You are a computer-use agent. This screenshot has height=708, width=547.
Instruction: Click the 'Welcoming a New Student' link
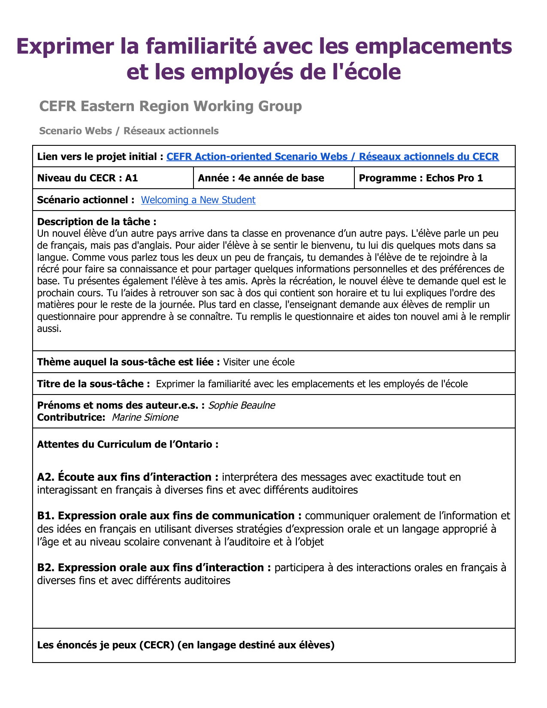click(198, 200)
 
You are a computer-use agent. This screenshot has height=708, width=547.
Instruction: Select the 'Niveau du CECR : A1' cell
click(88, 178)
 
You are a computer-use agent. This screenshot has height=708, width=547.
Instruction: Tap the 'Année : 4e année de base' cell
click(261, 178)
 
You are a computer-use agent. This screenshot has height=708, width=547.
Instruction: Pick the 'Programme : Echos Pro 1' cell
click(420, 178)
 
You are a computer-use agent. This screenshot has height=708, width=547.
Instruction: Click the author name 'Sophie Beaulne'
click(242, 405)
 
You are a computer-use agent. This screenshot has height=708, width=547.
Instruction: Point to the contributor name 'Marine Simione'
click(145, 417)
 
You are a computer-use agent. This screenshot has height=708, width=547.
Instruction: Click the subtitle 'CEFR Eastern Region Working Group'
click(170, 106)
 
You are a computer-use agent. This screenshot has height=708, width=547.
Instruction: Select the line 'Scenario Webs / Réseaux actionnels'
click(129, 131)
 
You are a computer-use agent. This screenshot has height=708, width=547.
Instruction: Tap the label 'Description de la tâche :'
click(97, 222)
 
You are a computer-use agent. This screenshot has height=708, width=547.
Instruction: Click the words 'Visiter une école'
click(259, 362)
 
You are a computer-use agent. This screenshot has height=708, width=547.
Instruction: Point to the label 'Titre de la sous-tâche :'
click(94, 384)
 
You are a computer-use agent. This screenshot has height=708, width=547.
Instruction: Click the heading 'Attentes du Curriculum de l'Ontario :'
click(128, 444)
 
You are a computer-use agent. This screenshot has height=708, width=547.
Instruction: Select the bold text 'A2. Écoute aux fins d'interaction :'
click(128, 477)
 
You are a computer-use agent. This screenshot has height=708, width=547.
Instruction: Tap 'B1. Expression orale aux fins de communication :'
click(169, 515)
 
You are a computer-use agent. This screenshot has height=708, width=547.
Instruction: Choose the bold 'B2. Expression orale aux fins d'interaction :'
click(154, 567)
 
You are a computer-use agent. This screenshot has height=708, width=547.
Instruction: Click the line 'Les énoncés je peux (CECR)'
click(186, 645)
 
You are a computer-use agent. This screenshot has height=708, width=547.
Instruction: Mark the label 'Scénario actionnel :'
click(86, 200)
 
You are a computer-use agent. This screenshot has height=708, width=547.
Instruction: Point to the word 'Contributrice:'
click(71, 417)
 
